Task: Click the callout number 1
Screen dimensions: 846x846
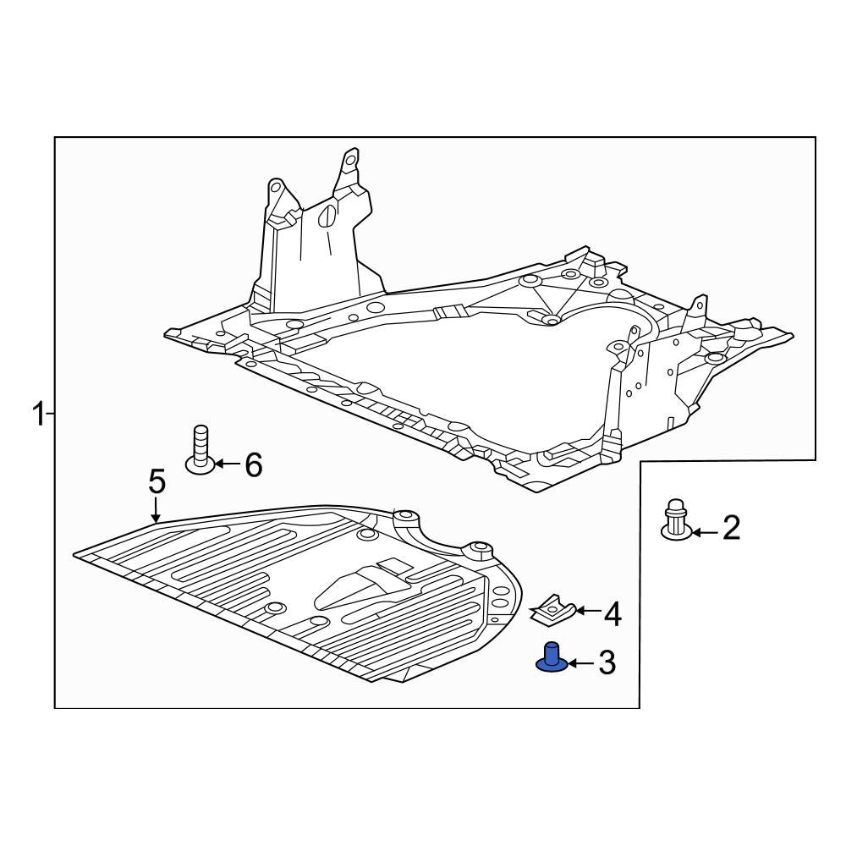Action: click(38, 415)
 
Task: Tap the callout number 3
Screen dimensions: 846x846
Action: click(607, 663)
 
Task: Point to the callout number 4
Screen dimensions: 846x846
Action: click(612, 615)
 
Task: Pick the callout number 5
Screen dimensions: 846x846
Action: click(157, 482)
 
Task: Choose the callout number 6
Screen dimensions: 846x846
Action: click(253, 464)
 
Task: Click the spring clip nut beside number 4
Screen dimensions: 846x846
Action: click(554, 608)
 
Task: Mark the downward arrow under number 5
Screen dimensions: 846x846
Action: click(156, 509)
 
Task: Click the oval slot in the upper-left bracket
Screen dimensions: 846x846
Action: click(324, 219)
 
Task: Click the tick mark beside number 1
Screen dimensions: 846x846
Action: click(51, 415)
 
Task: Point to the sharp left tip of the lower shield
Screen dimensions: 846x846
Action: click(76, 554)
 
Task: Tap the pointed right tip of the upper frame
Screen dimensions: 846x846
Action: click(792, 336)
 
